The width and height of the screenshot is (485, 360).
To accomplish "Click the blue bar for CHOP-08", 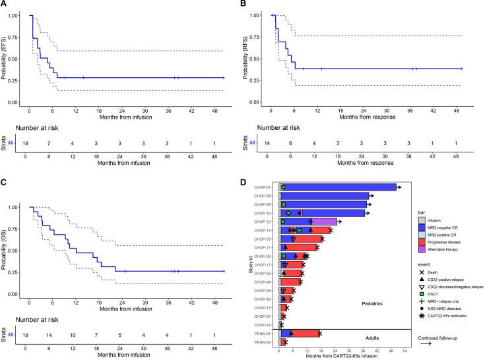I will point(324,196).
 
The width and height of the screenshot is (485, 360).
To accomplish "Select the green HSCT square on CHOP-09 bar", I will point(283,204).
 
